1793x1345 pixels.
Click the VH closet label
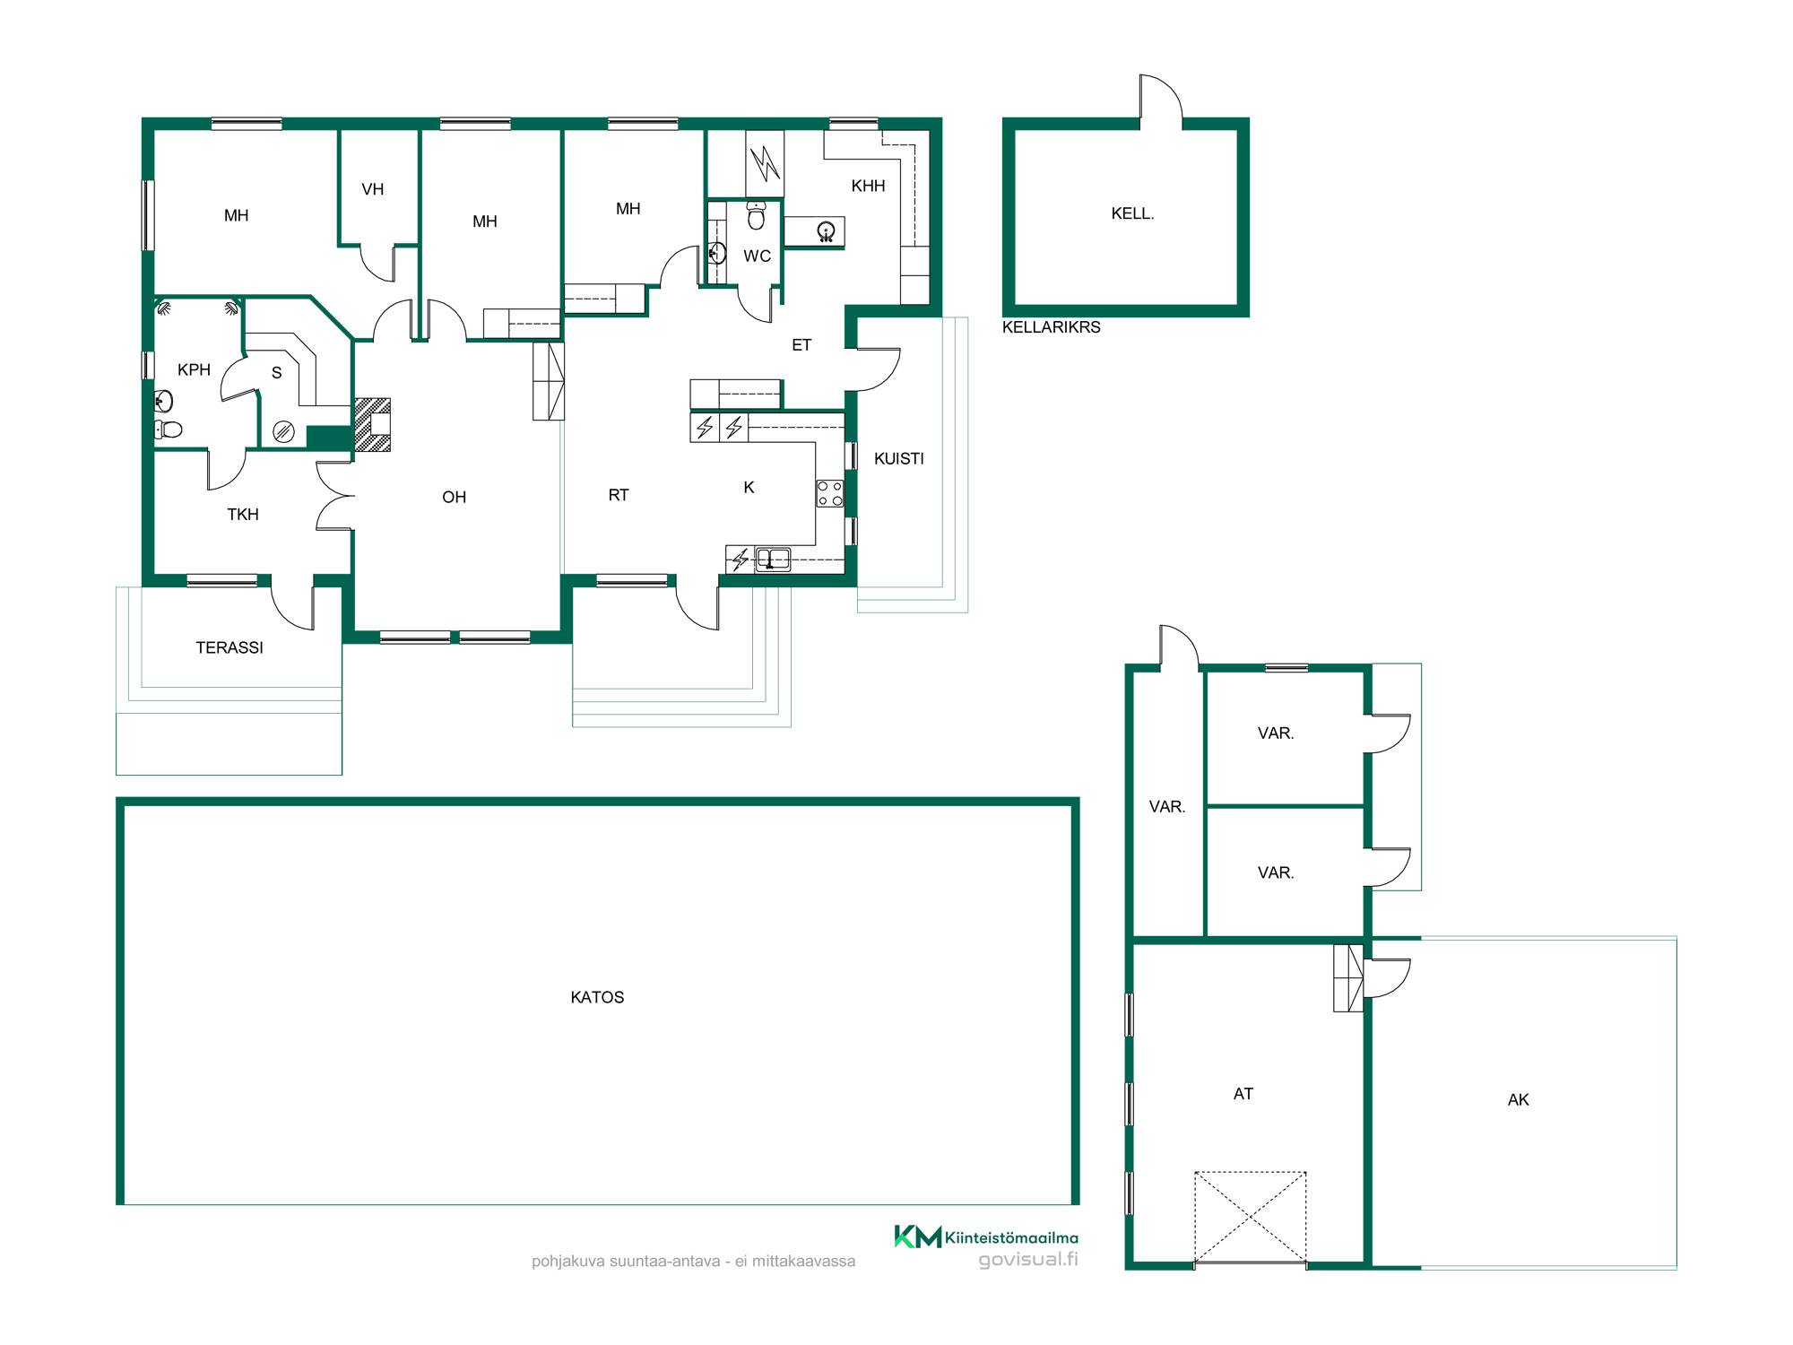click(x=373, y=189)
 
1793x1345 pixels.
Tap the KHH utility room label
click(x=868, y=186)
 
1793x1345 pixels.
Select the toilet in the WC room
click(x=757, y=215)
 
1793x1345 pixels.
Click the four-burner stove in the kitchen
click(x=829, y=493)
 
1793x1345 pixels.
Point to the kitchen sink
click(x=773, y=560)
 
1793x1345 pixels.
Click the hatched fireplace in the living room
click(x=373, y=424)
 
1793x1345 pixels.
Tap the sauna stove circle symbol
click(x=283, y=432)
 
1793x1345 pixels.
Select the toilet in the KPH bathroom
click(x=169, y=430)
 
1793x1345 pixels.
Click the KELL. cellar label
click(x=1132, y=213)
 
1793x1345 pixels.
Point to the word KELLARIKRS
click(x=1051, y=327)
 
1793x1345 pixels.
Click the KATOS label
click(x=597, y=997)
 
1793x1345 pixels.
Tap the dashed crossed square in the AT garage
click(x=1250, y=1217)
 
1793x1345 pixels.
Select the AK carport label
click(x=1518, y=1099)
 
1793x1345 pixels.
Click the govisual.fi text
click(x=1028, y=1260)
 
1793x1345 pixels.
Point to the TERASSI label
click(x=230, y=647)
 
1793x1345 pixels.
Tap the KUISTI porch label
click(x=898, y=458)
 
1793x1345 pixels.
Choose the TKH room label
click(x=243, y=514)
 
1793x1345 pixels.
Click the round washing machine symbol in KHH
click(x=827, y=232)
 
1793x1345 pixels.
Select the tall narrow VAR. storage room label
click(x=1167, y=806)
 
